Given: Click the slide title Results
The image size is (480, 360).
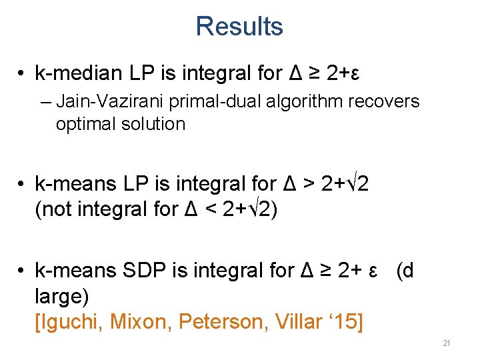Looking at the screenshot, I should (x=239, y=27).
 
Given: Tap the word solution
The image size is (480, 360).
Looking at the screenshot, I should (x=153, y=124).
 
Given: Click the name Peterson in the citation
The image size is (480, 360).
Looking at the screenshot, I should (x=218, y=322).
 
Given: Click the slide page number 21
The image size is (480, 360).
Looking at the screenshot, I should (x=447, y=343).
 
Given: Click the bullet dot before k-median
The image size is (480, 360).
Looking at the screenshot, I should (x=22, y=73).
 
